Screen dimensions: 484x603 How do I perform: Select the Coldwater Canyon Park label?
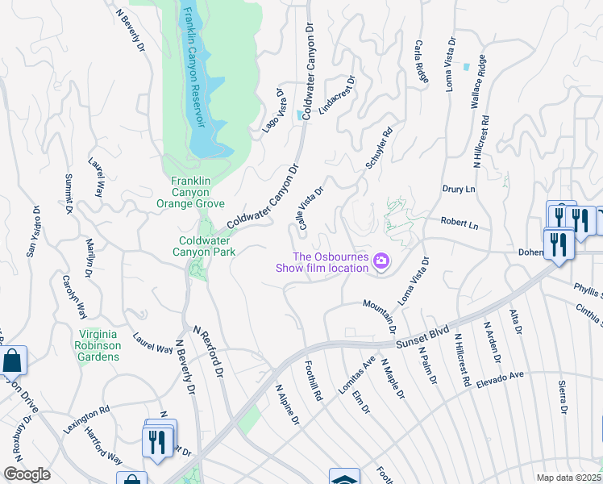coord(207,245)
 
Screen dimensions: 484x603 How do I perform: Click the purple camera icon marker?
coord(381,261)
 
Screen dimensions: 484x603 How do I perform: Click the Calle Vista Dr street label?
coord(311,207)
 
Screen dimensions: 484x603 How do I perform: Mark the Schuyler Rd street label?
coord(379,148)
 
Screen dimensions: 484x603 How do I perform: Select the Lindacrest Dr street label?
coord(337,96)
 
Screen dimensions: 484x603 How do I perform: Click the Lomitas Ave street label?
coord(357,374)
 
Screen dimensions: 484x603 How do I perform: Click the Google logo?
coord(27,474)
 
